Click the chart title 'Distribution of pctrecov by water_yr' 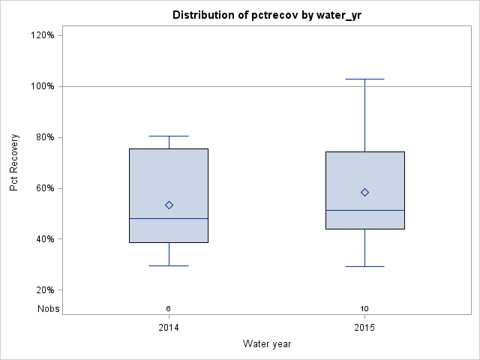tap(267, 15)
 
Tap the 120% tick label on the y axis tap(42, 35)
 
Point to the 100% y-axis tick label tap(42, 86)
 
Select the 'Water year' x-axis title tap(267, 343)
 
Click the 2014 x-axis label tap(169, 328)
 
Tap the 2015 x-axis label tap(364, 328)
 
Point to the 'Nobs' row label tap(49, 308)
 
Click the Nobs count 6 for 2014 tap(169, 308)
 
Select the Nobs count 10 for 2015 tap(364, 308)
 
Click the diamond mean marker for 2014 tap(169, 205)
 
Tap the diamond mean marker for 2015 tap(364, 192)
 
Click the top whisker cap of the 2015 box tap(364, 79)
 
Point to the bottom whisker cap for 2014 tap(169, 265)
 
